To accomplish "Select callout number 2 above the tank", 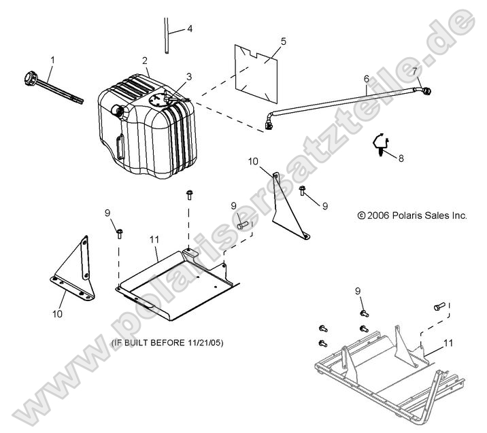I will pos(145,61).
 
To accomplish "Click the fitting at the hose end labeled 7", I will pos(425,90).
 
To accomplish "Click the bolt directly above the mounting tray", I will pos(189,196).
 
